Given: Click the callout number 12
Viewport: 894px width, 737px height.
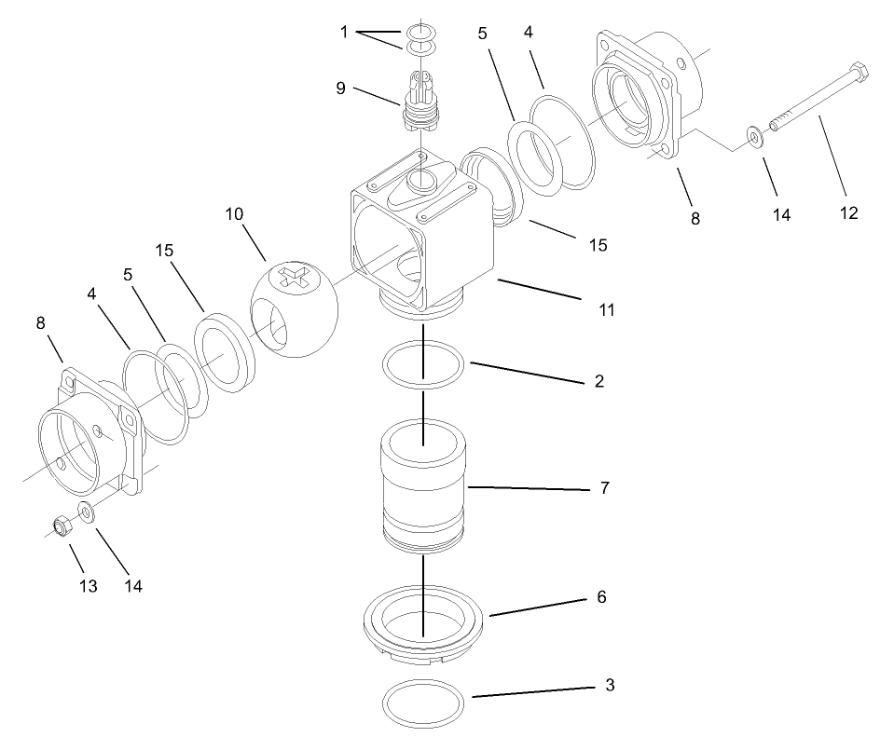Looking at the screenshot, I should click(848, 213).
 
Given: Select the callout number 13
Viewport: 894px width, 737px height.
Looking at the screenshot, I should click(88, 586).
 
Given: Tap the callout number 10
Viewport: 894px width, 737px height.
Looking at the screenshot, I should click(233, 215).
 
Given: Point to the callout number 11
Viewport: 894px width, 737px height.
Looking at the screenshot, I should click(606, 309).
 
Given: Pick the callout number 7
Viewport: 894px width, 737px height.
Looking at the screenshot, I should click(604, 487).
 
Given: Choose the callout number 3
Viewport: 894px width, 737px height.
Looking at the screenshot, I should click(610, 686).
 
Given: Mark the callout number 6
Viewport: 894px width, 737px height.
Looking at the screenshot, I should click(601, 596).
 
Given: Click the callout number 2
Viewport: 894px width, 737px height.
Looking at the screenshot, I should click(598, 381).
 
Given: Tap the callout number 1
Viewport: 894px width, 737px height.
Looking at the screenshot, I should click(344, 32).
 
